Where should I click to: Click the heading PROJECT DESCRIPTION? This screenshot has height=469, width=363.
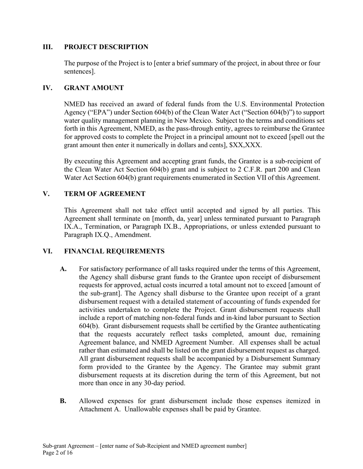tap(106, 47)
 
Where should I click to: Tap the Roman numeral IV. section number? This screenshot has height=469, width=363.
tap(47, 88)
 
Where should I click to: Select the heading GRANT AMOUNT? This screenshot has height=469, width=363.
tap(94, 88)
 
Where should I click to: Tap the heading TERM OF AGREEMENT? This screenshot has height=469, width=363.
tap(105, 194)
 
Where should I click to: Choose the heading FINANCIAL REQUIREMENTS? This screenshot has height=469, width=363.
tap(114, 251)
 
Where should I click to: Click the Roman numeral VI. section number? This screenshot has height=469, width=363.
tap(48, 251)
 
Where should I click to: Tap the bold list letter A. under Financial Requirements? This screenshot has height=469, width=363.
tap(63, 269)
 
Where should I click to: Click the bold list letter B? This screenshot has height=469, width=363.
tap(63, 401)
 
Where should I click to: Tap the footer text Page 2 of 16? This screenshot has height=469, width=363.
tap(58, 453)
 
